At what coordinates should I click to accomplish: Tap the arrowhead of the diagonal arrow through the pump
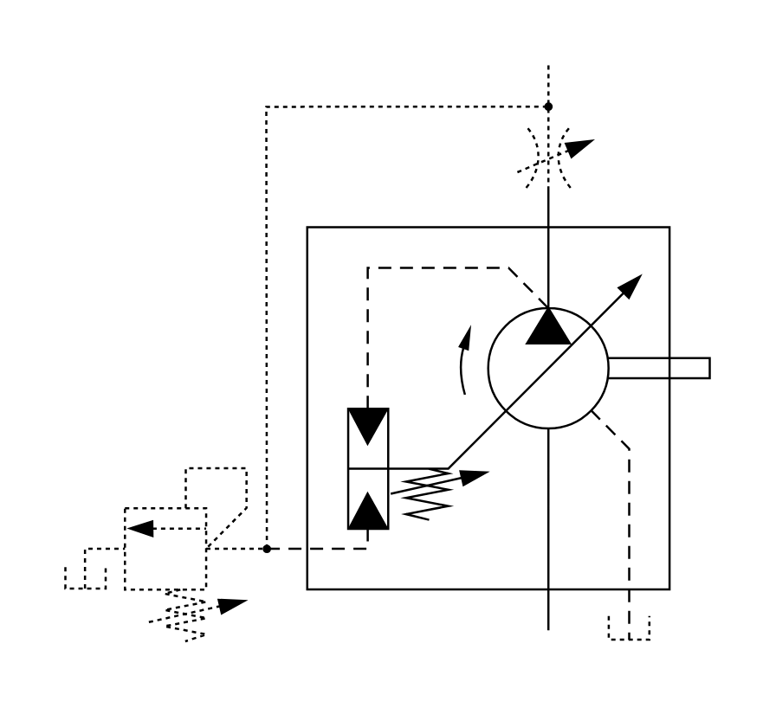point(634,282)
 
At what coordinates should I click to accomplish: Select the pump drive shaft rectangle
point(658,368)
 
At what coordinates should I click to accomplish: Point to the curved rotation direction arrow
point(464,359)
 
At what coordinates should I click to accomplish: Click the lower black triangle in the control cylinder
point(368,510)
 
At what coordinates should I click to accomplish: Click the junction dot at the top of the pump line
point(547,106)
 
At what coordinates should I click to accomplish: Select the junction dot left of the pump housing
point(267,548)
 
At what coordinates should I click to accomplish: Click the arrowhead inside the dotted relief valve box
point(139,526)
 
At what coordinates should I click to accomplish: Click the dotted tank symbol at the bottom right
point(629,629)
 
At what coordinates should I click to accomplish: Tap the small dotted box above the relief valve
point(216,486)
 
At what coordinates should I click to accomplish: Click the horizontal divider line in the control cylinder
point(368,468)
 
